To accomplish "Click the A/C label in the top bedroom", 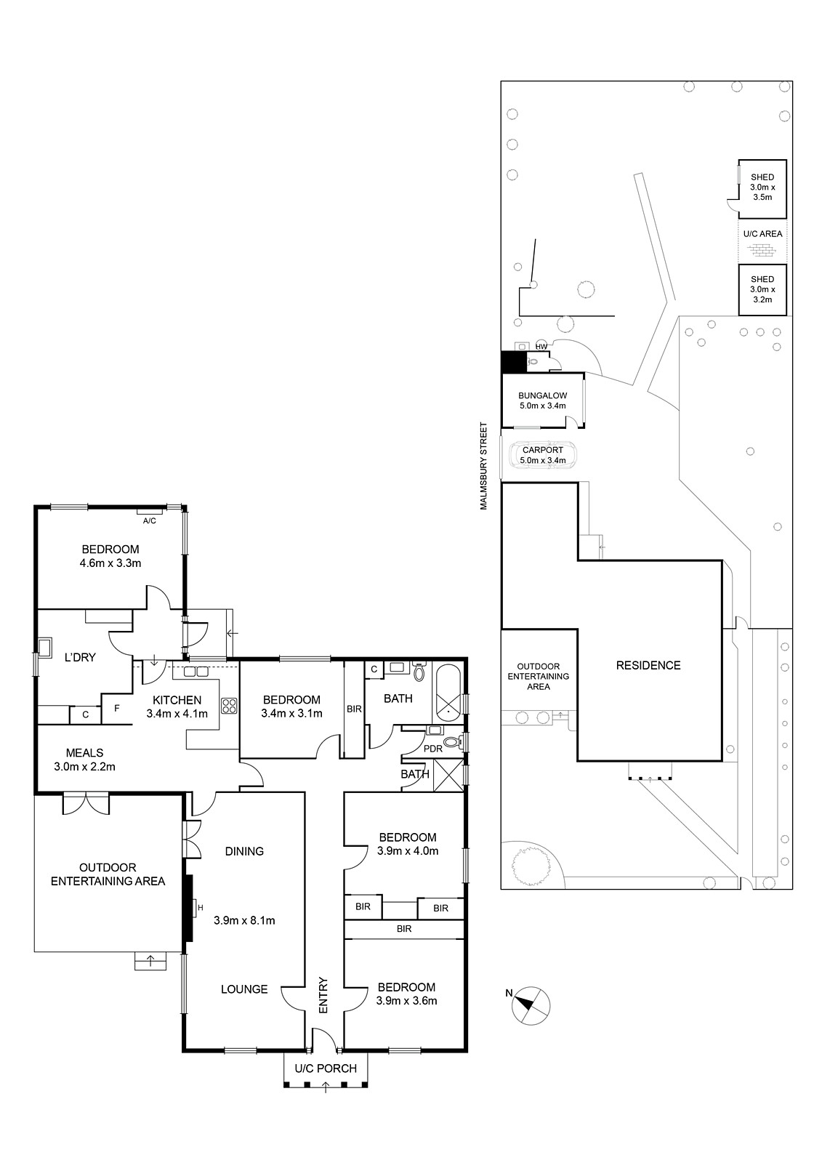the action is click(x=150, y=520).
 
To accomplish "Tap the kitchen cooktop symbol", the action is click(x=229, y=706).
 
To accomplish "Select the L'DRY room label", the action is click(x=80, y=657).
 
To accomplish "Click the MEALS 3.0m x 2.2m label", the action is click(x=84, y=760).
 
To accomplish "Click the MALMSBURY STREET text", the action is click(x=484, y=466).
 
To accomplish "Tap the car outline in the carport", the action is click(x=543, y=455).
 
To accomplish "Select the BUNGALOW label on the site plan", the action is click(x=543, y=395).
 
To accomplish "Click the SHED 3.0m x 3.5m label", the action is click(x=762, y=187).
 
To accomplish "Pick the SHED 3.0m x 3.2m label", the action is click(x=762, y=289).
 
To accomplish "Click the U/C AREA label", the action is click(x=763, y=233).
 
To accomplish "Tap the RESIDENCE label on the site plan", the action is click(x=648, y=665).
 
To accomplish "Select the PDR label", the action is click(x=433, y=748).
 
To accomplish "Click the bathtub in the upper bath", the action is click(x=448, y=692).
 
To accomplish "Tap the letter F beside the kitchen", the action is click(x=117, y=707).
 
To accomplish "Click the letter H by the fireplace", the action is click(x=201, y=908).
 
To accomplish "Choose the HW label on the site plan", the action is click(x=541, y=346).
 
